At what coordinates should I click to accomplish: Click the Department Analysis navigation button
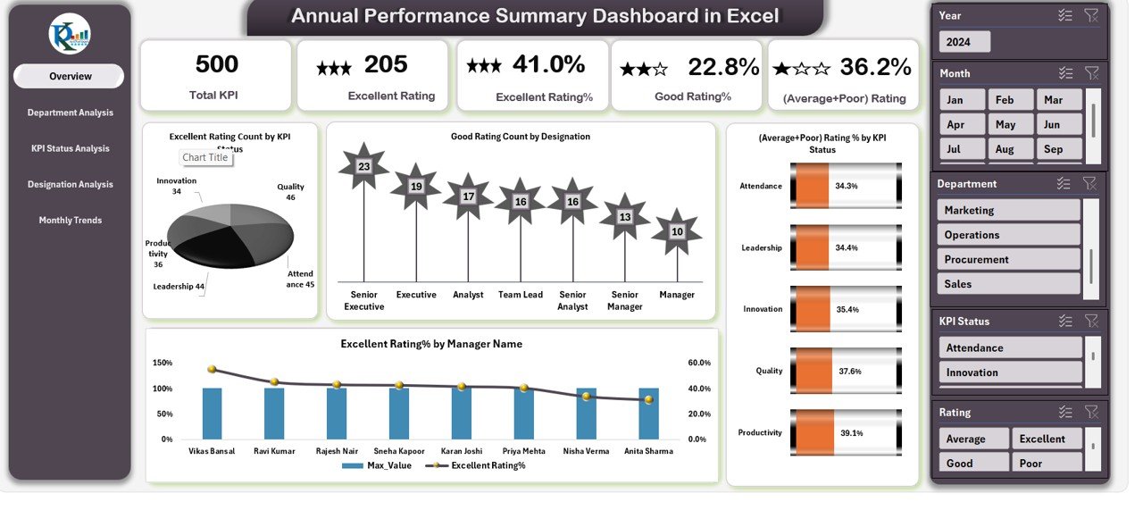70,113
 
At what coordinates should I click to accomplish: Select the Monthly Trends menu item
70,220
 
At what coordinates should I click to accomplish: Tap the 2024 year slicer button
964,42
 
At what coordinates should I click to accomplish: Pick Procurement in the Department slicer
1009,259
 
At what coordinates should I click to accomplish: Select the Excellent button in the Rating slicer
1047,439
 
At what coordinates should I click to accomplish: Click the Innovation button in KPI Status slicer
1009,372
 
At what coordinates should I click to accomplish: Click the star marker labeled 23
363,166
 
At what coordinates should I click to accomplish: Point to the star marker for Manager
677,231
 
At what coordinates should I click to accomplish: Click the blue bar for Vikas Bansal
212,414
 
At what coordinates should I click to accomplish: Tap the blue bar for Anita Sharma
649,414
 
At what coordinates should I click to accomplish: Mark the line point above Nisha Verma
587,396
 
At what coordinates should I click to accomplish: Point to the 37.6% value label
848,371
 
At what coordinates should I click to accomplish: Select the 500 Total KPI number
216,64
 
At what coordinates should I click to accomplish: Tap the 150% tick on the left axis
163,363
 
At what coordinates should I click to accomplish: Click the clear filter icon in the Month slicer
1091,73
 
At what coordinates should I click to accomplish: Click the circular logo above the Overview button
70,34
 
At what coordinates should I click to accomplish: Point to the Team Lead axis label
521,295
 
